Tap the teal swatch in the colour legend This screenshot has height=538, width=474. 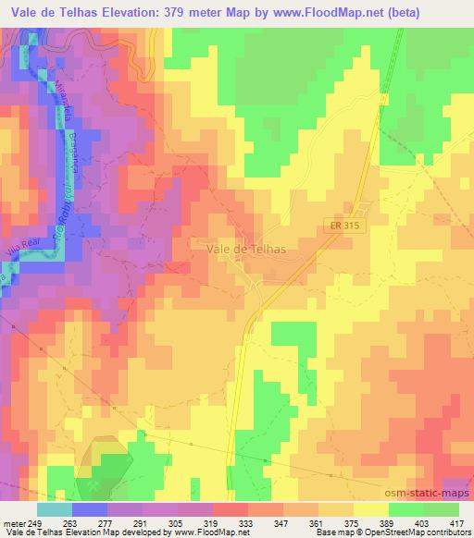(x=55, y=509)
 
